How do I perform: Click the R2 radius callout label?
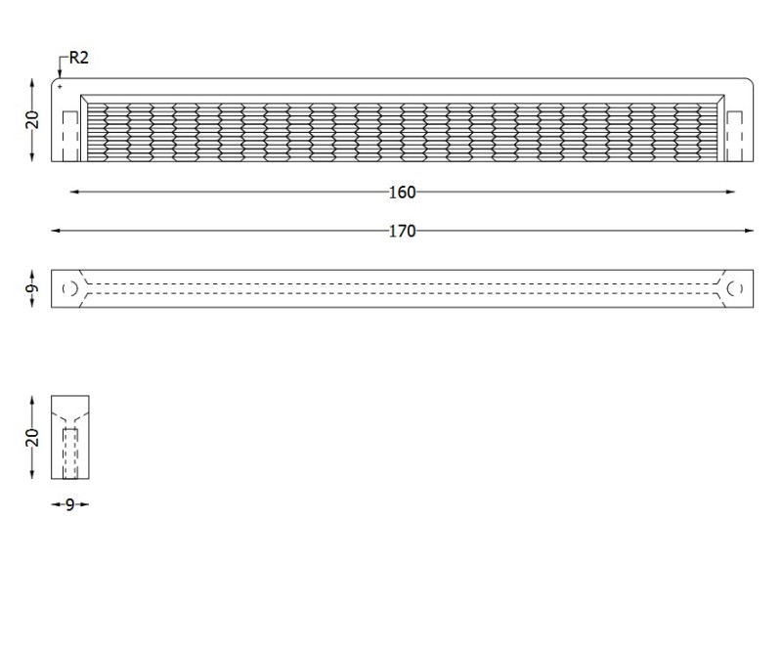tap(78, 58)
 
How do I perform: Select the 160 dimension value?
tap(402, 192)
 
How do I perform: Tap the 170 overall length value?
tap(402, 231)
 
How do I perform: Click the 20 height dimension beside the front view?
tap(32, 119)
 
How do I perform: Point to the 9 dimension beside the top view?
tap(32, 288)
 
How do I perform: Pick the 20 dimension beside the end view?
tap(32, 438)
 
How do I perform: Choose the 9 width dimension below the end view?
tap(69, 505)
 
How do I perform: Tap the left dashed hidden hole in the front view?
tap(70, 136)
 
